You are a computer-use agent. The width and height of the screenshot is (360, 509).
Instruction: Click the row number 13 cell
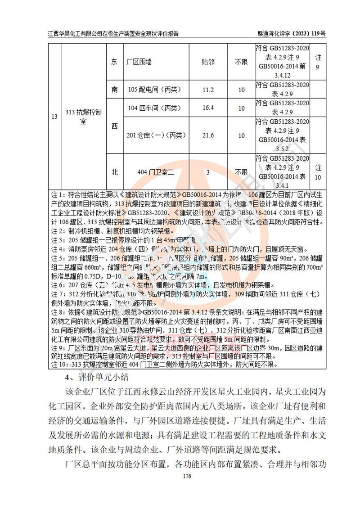[54, 117]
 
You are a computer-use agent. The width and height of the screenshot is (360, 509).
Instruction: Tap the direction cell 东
[114, 62]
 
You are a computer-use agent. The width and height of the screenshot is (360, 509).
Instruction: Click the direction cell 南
[114, 90]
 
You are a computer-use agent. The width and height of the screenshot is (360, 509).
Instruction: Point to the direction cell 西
[114, 126]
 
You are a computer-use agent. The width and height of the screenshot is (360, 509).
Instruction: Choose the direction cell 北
[114, 171]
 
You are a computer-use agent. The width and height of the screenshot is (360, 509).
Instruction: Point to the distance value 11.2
[208, 90]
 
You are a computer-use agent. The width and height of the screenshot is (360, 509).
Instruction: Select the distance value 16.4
[208, 108]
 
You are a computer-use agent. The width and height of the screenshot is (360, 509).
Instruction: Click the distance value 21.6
[208, 135]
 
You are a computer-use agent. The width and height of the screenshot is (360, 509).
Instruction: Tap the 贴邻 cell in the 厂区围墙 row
[208, 62]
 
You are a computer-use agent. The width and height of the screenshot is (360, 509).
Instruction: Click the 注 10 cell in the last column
[318, 172]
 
